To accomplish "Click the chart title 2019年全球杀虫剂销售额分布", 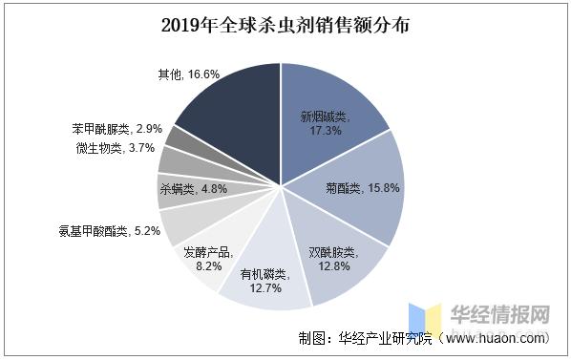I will [x=285, y=26].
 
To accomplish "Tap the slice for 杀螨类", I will [x=172, y=190].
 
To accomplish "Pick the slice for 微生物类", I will [x=174, y=159].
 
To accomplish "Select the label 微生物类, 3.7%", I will [x=114, y=148].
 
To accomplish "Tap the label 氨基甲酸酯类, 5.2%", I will [x=93, y=231].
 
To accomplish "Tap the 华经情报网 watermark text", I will [x=504, y=316].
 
